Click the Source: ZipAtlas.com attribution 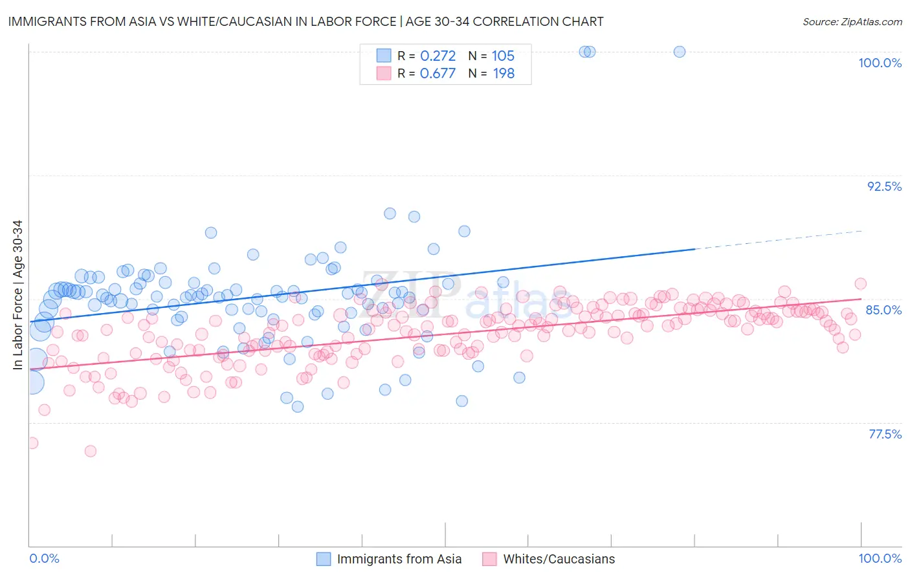point(852,21)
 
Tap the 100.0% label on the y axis point(880,63)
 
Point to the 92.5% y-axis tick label point(884,186)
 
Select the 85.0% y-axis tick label point(883,310)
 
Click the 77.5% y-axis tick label point(885,434)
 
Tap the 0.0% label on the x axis point(44,558)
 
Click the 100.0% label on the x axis point(880,558)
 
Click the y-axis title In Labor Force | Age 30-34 point(17,295)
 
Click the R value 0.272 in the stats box point(438,56)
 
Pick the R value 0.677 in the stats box point(438,74)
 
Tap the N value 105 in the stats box point(503,56)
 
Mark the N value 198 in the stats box point(503,74)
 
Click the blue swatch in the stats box point(384,56)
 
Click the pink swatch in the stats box point(384,74)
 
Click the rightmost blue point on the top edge point(679,52)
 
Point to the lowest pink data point point(91,451)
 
